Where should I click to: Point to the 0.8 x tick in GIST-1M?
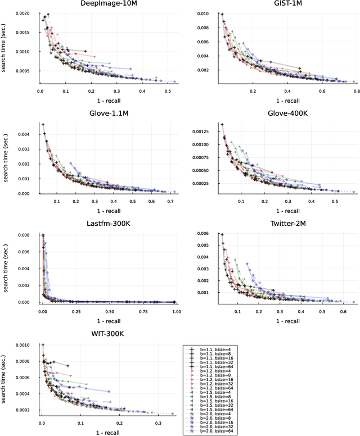click(356, 90)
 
